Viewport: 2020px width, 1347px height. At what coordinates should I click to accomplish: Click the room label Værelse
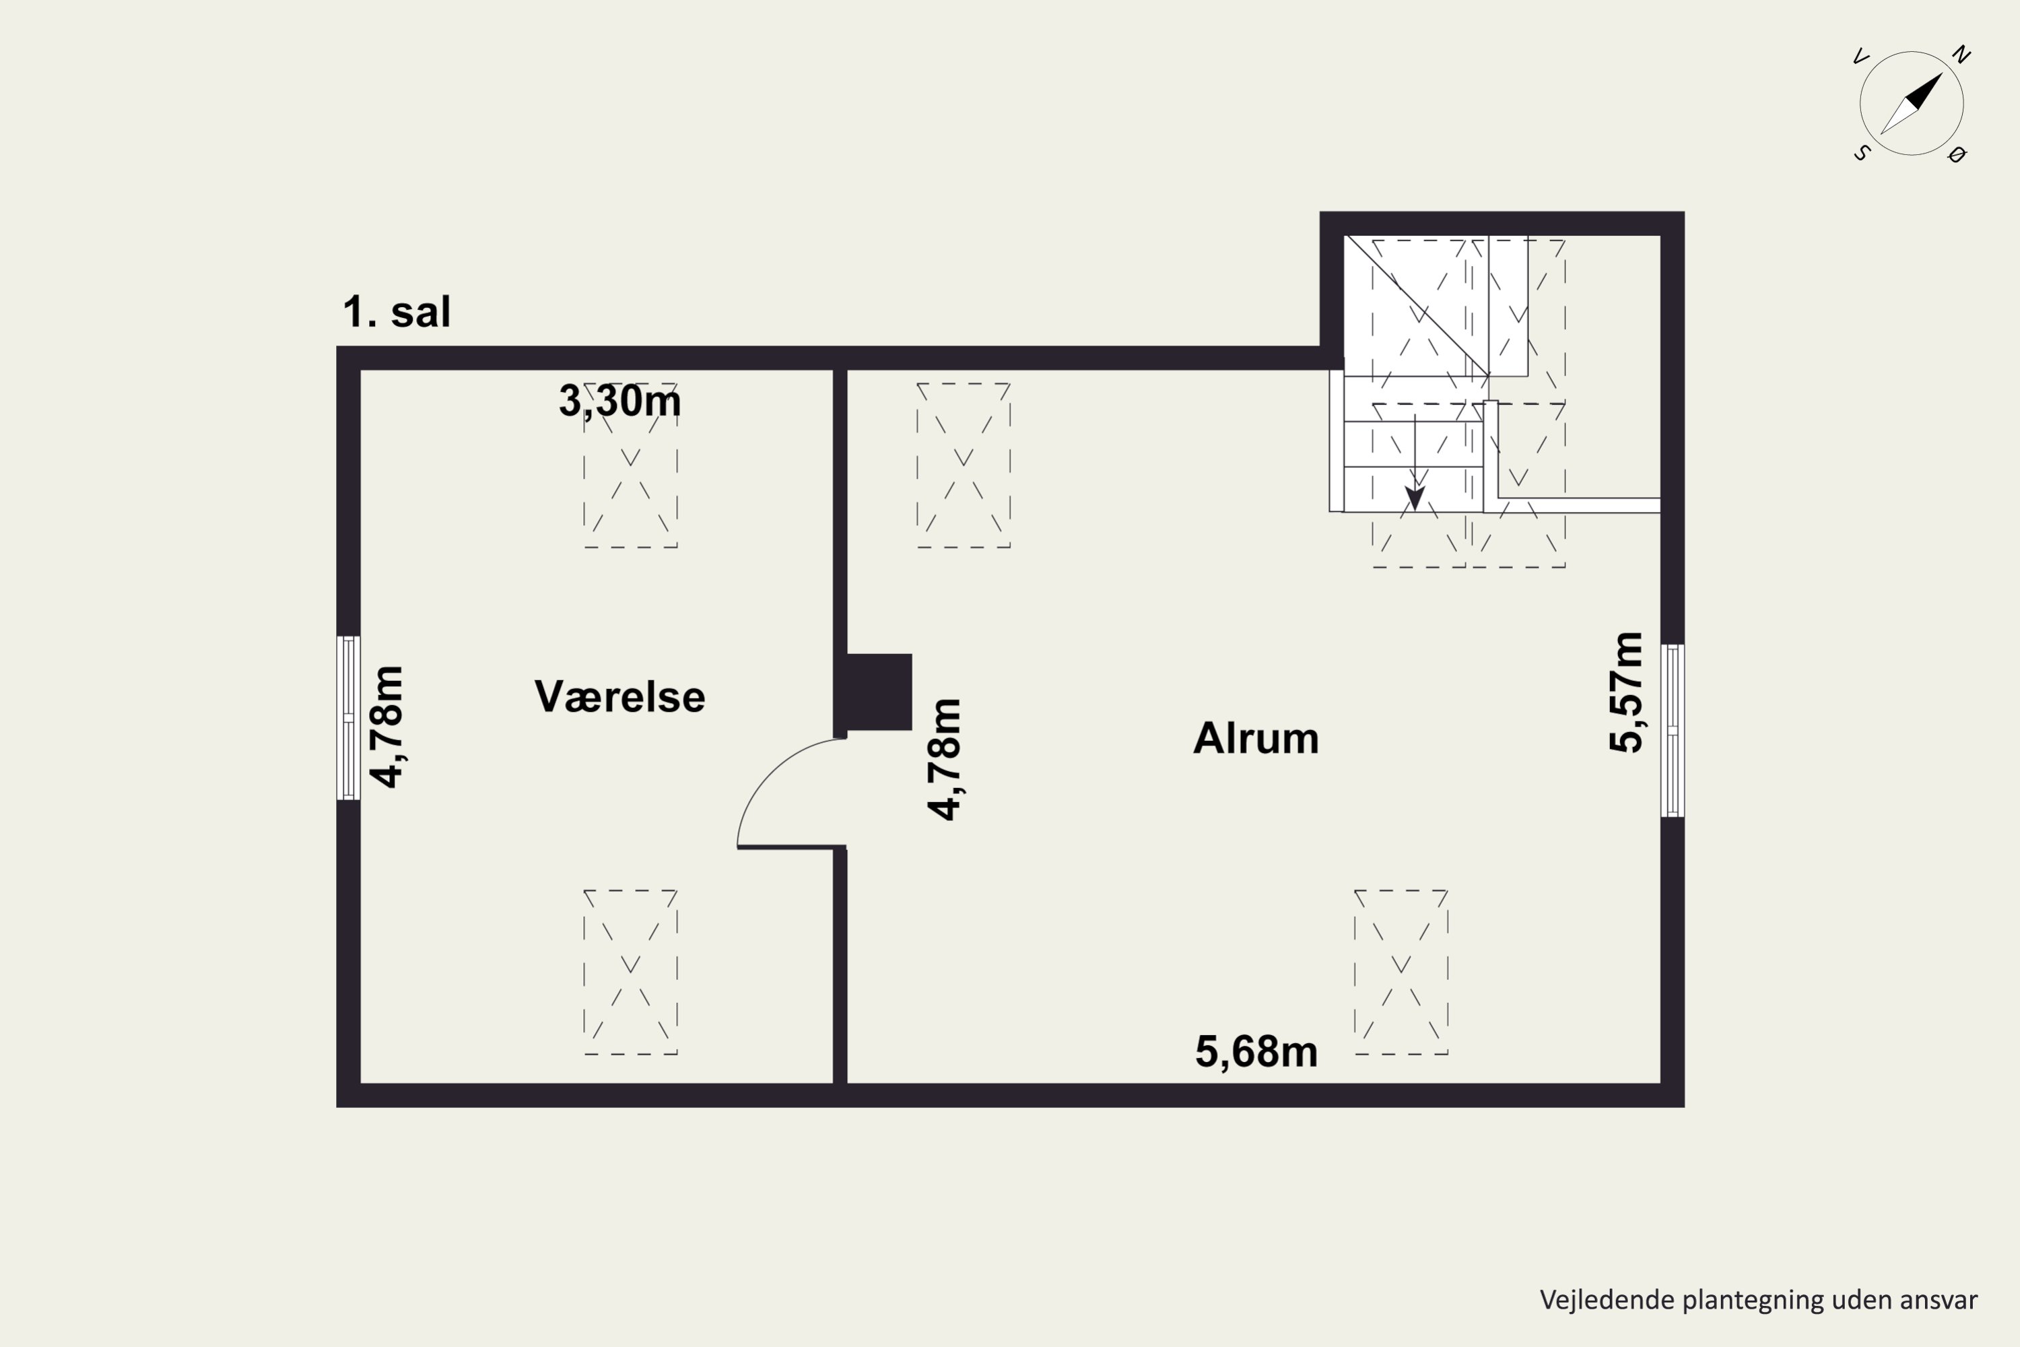(x=619, y=696)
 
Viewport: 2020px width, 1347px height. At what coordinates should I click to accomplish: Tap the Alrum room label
(x=1256, y=738)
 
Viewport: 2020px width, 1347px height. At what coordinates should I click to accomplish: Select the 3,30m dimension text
(x=619, y=401)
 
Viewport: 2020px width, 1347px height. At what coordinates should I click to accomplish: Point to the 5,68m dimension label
(x=1256, y=1051)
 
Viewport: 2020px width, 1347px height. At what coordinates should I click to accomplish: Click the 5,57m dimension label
(x=1626, y=692)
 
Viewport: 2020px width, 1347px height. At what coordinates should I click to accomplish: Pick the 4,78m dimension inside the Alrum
(x=944, y=760)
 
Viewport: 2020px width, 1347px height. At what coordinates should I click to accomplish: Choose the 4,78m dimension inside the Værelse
(x=386, y=727)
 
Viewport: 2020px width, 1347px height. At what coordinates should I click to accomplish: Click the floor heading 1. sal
(x=396, y=311)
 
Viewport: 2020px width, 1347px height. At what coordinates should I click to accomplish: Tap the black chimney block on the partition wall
(x=878, y=692)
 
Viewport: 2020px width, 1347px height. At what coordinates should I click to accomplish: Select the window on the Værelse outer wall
(x=348, y=718)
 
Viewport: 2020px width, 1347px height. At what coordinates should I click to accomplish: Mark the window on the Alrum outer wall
(x=1672, y=730)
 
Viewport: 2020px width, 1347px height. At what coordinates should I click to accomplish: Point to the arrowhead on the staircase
(x=1415, y=499)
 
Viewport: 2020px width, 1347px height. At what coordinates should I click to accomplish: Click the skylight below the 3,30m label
(x=630, y=465)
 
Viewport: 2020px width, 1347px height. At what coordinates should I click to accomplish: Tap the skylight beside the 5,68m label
(x=1401, y=972)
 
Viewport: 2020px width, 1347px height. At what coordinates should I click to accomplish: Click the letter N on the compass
(x=1961, y=56)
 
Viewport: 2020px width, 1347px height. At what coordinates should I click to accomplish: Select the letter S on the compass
(x=1862, y=153)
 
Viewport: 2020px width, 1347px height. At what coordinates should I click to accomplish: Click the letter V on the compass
(x=1861, y=57)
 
